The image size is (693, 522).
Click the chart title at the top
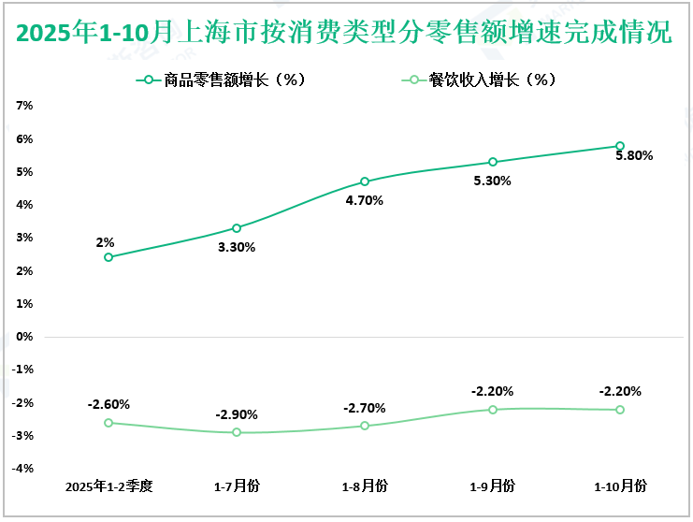[345, 34]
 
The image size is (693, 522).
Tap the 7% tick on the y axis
[25, 106]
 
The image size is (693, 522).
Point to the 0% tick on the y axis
[25, 337]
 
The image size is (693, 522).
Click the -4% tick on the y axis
[23, 469]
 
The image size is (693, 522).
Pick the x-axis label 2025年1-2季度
[108, 486]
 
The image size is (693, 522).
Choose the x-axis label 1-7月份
[237, 486]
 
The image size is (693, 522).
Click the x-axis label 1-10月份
[620, 486]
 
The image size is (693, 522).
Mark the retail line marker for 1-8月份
[365, 181]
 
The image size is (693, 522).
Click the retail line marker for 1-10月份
[620, 146]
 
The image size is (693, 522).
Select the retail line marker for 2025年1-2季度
[108, 257]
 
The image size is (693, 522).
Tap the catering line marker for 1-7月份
[237, 432]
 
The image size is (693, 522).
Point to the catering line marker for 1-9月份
[493, 410]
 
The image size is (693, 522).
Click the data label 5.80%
[633, 156]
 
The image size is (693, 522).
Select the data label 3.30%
[237, 248]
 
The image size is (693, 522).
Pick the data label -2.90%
[237, 414]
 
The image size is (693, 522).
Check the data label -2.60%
[108, 405]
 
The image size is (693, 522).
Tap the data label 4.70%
[365, 200]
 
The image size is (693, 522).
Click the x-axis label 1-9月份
[493, 486]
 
